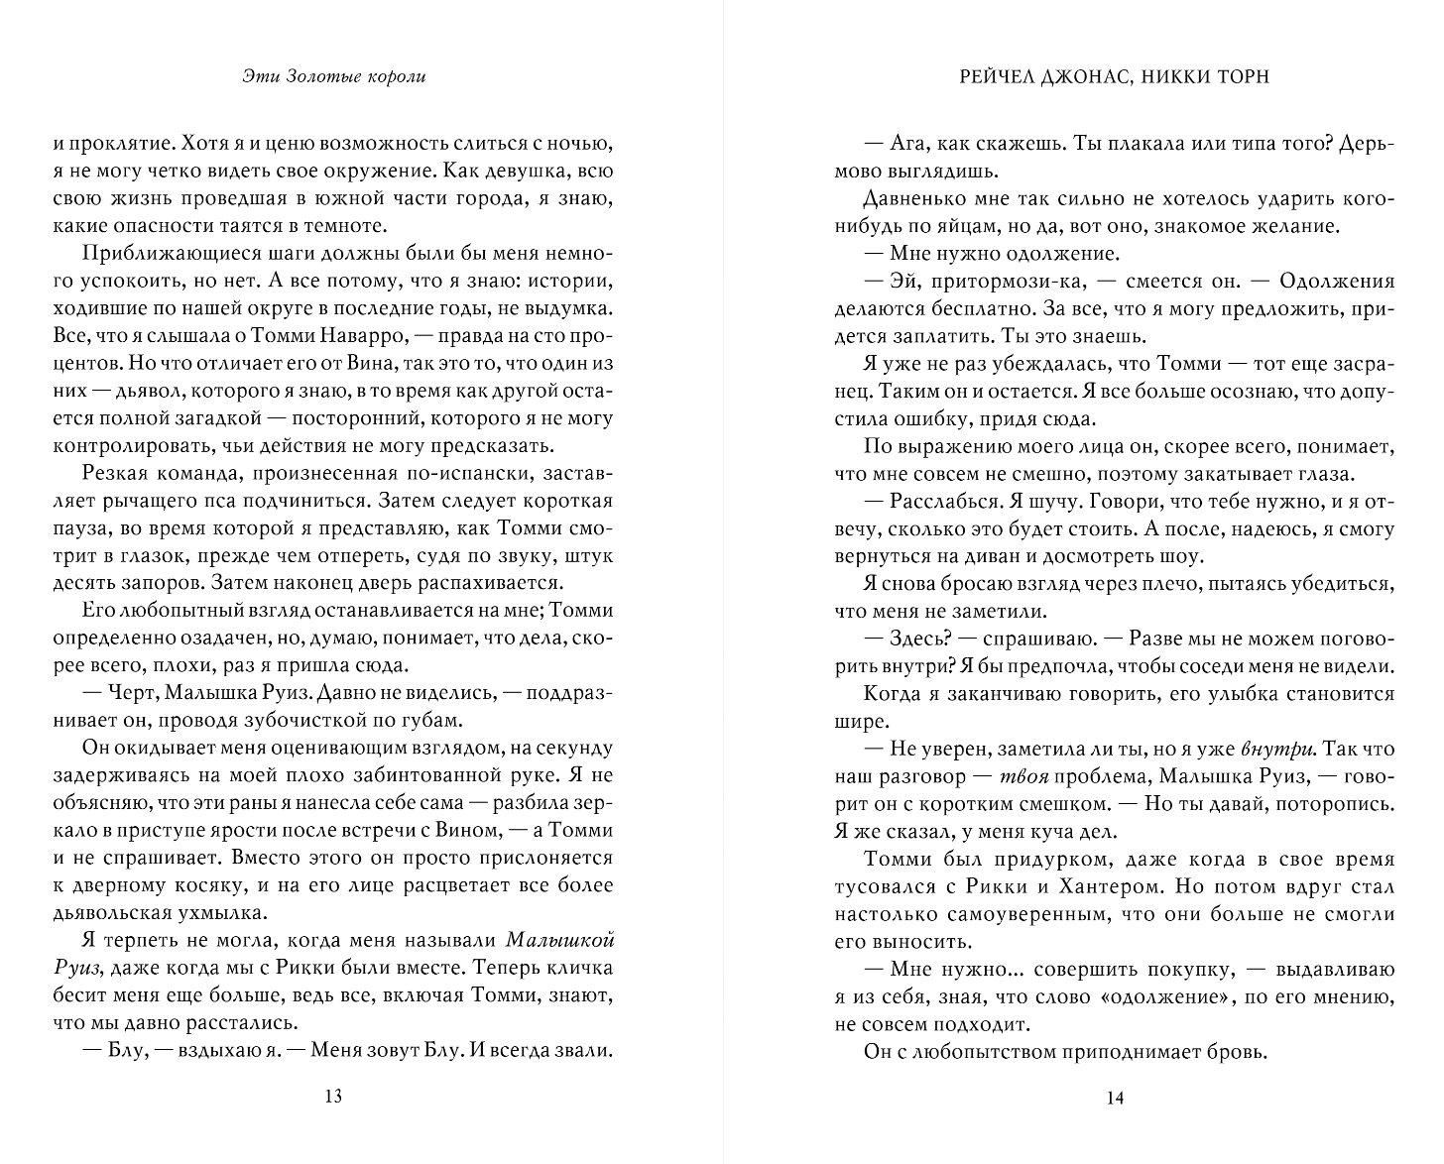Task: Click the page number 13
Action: tap(333, 1097)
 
